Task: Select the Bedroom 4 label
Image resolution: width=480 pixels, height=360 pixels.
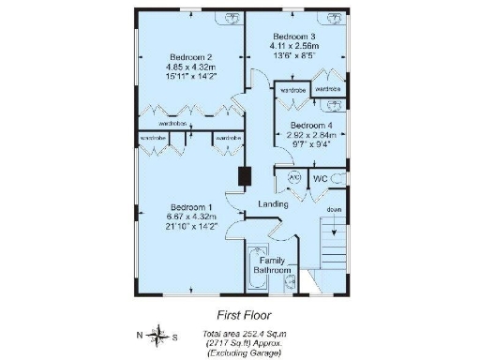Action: point(309,126)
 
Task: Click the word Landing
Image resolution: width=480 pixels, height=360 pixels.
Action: point(273,204)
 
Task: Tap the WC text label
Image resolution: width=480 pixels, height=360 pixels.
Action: point(320,177)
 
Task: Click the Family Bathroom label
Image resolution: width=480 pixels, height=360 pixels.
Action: point(273,265)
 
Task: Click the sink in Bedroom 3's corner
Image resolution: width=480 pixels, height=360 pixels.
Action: point(333,17)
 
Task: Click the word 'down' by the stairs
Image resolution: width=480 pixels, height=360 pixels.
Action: point(334,209)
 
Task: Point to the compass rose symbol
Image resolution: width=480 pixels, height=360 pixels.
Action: point(155,335)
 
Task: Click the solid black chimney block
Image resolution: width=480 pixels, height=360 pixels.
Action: point(246,176)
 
